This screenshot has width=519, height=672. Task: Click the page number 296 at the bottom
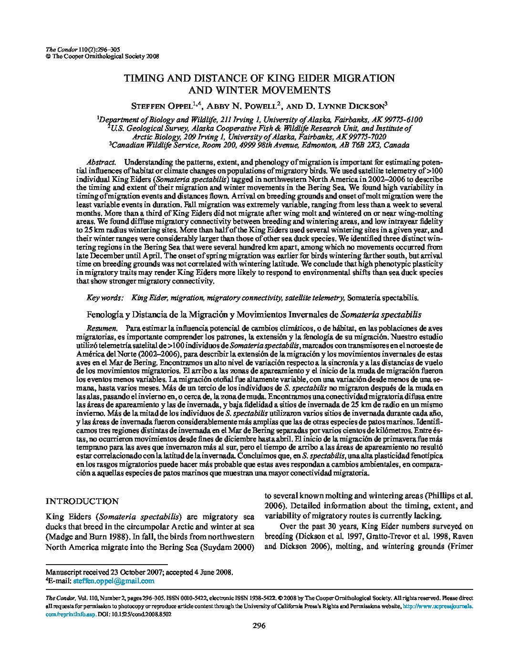point(259,626)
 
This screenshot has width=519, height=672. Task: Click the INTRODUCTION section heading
point(82,501)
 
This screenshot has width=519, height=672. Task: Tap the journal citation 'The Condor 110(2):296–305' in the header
point(79,49)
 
